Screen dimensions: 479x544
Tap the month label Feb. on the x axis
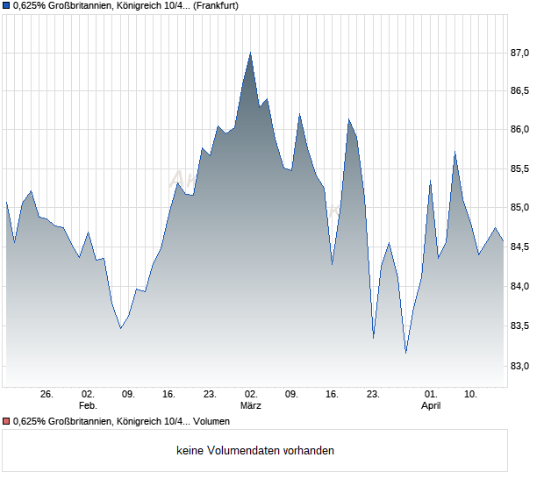(87, 406)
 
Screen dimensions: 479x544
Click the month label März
(251, 406)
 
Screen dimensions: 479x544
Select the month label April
(431, 406)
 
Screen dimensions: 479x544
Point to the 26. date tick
(47, 395)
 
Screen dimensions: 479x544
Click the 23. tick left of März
(210, 395)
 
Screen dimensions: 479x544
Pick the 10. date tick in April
(471, 395)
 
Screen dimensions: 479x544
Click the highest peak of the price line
(250, 53)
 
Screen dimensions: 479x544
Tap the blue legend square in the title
(6, 5)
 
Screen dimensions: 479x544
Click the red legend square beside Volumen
(6, 422)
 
